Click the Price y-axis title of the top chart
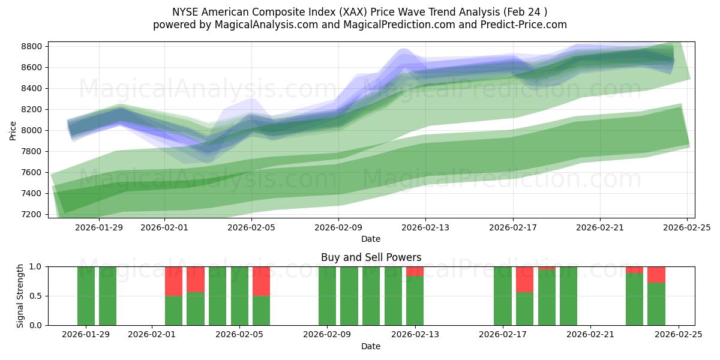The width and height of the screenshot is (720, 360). pos(13,130)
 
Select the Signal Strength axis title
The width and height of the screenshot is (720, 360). pos(20,296)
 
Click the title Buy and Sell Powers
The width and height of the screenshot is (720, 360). pos(371,257)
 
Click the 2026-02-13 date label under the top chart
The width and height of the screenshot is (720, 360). pos(425,227)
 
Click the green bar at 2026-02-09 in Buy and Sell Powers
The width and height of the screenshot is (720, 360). pos(327,296)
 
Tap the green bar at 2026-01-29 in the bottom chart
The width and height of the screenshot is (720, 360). pos(86,296)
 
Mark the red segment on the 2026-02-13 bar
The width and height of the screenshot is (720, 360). pos(415,271)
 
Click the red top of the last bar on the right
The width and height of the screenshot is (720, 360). pos(656,274)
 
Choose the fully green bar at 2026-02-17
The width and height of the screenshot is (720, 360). pos(503,296)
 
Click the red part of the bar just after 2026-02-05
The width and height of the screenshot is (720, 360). pos(261,281)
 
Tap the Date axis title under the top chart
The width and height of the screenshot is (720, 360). pos(371,239)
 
